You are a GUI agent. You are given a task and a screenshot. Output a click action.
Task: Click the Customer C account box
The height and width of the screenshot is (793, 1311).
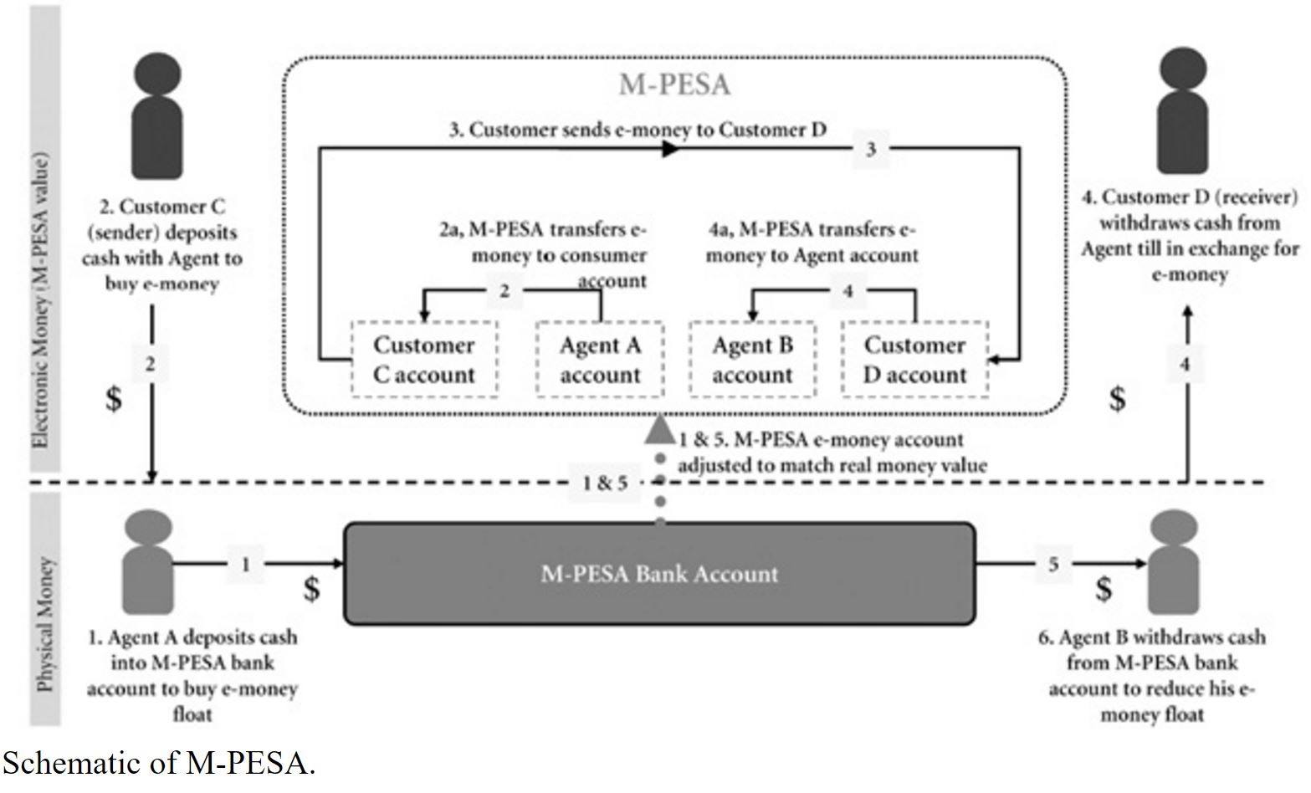pyautogui.click(x=424, y=360)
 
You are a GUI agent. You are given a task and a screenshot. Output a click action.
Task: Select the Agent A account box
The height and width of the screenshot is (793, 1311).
pyautogui.click(x=600, y=360)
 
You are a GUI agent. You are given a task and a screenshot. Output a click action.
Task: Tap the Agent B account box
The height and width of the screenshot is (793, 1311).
pyautogui.click(x=753, y=360)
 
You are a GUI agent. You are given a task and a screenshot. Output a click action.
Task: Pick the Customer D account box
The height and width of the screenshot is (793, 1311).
pyautogui.click(x=914, y=360)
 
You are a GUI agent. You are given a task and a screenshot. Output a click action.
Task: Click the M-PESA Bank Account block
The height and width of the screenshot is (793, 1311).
pyautogui.click(x=659, y=574)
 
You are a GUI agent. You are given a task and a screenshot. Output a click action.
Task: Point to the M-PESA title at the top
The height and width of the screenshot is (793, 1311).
pyautogui.click(x=675, y=84)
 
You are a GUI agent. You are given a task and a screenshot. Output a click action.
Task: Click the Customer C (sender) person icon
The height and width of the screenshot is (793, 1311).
pyautogui.click(x=156, y=116)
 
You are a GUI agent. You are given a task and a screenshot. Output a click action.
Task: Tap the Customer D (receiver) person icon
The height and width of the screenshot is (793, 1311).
pyautogui.click(x=1183, y=111)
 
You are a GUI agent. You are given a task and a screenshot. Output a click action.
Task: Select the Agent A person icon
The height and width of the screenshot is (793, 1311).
pyautogui.click(x=148, y=562)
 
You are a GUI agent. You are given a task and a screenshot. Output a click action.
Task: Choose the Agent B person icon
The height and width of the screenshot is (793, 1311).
pyautogui.click(x=1174, y=562)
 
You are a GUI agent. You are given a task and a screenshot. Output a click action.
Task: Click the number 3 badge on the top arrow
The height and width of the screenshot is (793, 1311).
pyautogui.click(x=871, y=149)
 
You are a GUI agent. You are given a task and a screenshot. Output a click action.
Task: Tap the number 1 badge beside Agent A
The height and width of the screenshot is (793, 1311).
pyautogui.click(x=246, y=564)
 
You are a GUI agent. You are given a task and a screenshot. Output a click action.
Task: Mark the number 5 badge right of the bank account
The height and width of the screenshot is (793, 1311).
pyautogui.click(x=1053, y=564)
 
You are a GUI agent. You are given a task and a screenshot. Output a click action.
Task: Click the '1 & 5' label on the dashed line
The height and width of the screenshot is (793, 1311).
pyautogui.click(x=605, y=483)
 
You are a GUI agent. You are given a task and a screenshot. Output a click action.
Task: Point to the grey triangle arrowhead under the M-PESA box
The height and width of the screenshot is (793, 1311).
pyautogui.click(x=660, y=429)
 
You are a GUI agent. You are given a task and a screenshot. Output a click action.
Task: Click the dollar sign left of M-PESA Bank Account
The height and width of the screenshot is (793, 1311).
pyautogui.click(x=312, y=588)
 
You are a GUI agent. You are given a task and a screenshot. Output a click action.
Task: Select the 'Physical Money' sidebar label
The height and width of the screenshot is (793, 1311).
pyautogui.click(x=45, y=624)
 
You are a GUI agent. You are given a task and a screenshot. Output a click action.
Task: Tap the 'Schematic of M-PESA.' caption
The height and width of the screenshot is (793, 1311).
pyautogui.click(x=159, y=763)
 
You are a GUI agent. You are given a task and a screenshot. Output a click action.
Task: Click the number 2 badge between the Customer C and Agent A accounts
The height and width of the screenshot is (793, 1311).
pyautogui.click(x=504, y=290)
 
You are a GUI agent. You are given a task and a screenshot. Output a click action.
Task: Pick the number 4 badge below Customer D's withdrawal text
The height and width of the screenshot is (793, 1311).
pyautogui.click(x=1186, y=364)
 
